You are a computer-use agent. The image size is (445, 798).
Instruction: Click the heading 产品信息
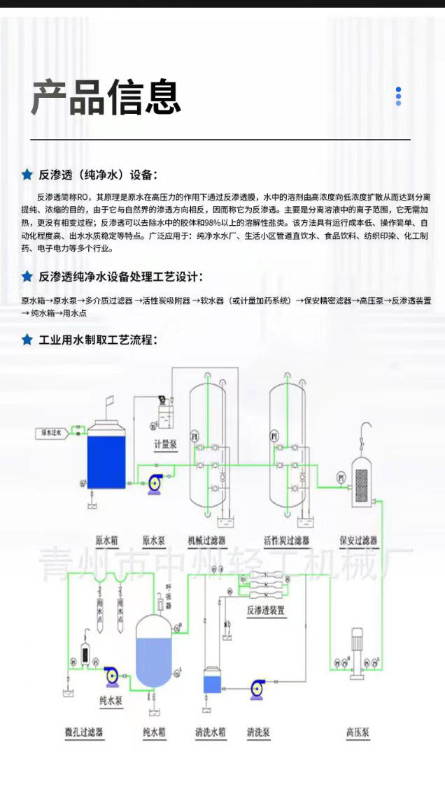tap(106, 97)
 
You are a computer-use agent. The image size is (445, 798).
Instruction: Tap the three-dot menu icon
tap(398, 96)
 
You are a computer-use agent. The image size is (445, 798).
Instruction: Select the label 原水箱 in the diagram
tap(107, 540)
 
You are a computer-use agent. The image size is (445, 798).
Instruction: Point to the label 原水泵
tap(153, 540)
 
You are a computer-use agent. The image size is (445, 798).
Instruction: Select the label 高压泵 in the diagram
tap(358, 733)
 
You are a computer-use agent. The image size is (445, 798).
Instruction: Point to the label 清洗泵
tap(258, 733)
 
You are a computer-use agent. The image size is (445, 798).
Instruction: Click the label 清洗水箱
tap(210, 733)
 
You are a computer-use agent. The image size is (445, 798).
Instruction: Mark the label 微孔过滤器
tap(84, 733)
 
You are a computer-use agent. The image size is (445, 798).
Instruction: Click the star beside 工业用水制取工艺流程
tap(27, 340)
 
